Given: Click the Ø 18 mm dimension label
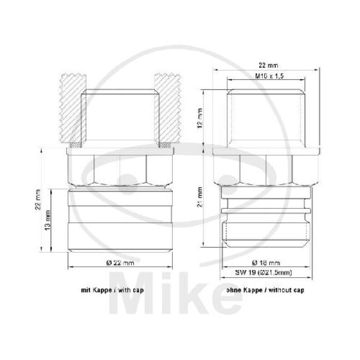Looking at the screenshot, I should click(266, 262).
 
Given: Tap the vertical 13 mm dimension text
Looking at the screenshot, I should click(48, 220).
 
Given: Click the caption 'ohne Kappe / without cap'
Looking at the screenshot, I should click(265, 290).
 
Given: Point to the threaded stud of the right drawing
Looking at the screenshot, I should click(266, 117).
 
